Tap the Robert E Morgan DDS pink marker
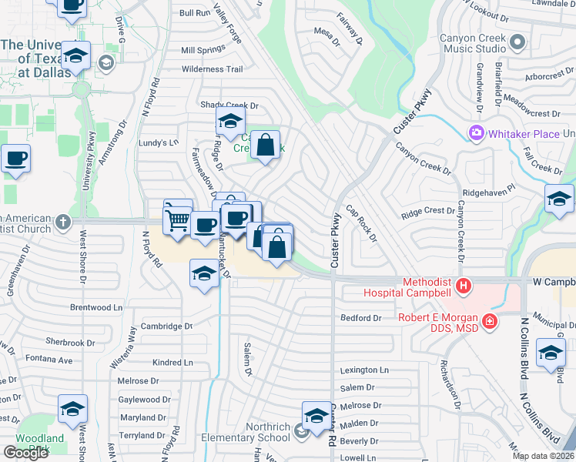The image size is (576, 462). [488, 320]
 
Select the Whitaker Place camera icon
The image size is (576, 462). [477, 134]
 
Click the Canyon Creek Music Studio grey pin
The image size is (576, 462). [517, 42]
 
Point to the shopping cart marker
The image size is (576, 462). [178, 221]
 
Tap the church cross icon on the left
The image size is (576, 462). [63, 223]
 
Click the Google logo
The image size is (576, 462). [25, 453]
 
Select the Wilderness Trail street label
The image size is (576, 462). [213, 69]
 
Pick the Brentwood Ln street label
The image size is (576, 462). [96, 307]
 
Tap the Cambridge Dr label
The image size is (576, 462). [166, 326]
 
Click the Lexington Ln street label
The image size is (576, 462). [364, 370]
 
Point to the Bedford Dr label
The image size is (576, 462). [361, 318]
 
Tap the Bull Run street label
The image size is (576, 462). [195, 13]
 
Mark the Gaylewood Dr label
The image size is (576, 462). [144, 400]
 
